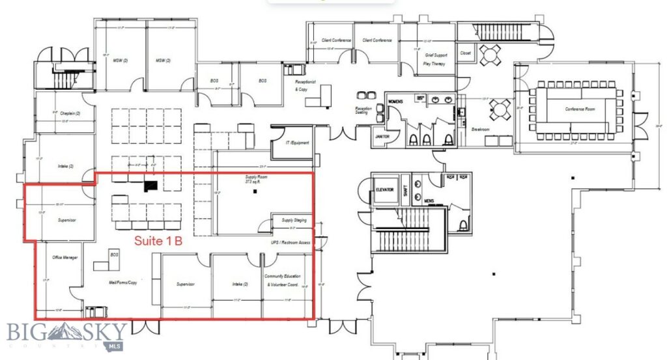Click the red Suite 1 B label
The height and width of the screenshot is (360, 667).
[x=158, y=241]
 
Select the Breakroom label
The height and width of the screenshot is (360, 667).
[x=481, y=129]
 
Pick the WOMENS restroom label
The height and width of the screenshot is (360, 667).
[x=397, y=102]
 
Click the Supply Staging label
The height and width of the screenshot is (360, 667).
[x=294, y=220]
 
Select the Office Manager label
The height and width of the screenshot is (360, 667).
[x=65, y=257]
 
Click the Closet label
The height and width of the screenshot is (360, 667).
[x=465, y=53]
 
